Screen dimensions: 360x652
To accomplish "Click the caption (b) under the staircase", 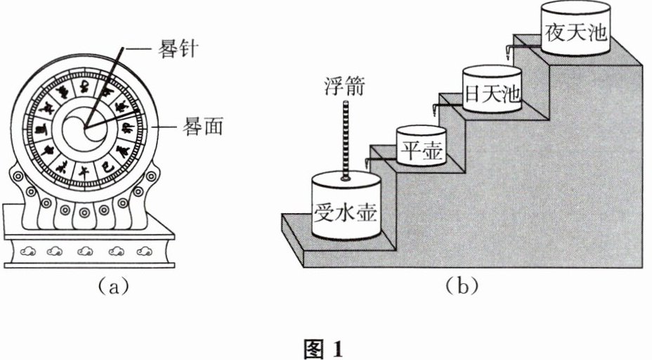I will point(462,286).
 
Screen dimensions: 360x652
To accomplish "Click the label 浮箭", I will point(344,90).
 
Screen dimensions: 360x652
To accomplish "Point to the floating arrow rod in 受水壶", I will point(345,141).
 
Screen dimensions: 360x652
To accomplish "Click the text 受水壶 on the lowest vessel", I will point(346,210).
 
